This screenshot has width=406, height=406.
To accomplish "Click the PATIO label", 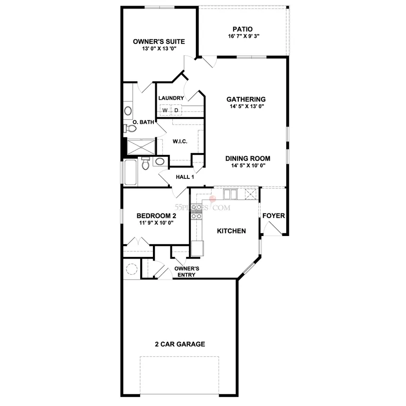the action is [242, 29].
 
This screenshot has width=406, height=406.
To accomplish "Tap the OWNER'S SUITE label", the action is [159, 42].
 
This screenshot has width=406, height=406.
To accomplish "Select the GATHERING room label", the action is [246, 99].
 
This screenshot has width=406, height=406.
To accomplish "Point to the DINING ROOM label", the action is [248, 159].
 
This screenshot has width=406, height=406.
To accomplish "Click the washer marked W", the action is [165, 110].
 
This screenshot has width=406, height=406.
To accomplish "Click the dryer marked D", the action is [177, 110].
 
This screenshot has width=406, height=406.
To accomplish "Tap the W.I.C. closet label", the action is [180, 142].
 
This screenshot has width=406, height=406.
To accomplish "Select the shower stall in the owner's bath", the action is [141, 147].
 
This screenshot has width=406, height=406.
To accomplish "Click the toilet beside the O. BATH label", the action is [130, 128].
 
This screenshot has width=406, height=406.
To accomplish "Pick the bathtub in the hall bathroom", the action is [130, 172].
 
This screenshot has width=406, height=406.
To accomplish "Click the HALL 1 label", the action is [185, 177].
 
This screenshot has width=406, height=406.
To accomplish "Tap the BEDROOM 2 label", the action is [156, 216].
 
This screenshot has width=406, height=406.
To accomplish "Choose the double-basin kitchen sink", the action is [230, 194].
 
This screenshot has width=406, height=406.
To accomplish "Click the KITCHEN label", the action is [231, 231].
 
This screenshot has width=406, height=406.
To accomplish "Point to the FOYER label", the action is [273, 216].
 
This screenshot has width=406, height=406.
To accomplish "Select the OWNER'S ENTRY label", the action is [186, 271].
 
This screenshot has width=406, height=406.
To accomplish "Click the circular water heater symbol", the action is [132, 269].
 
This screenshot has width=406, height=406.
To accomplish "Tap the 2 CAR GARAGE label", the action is [180, 344].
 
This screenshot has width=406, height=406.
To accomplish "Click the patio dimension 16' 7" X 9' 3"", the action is [244, 36].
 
